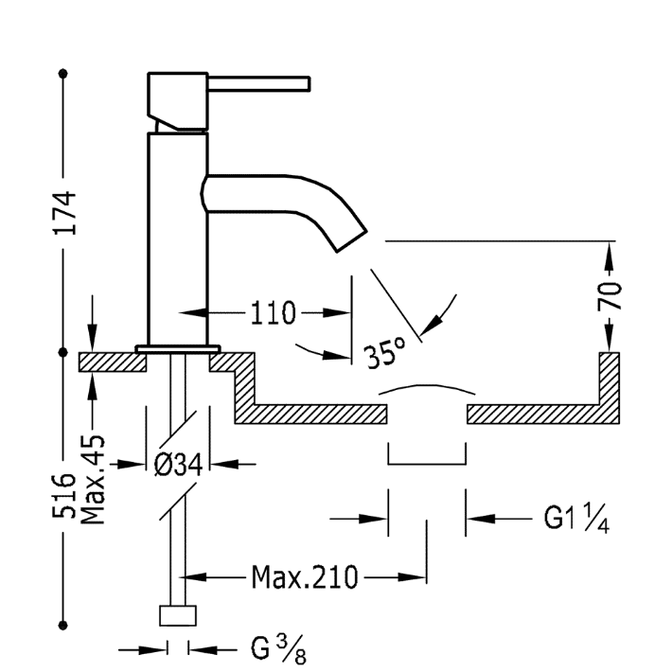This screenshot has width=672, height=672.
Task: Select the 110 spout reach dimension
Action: pyautogui.click(x=272, y=313)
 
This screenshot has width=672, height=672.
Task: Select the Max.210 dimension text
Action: pyautogui.click(x=305, y=576)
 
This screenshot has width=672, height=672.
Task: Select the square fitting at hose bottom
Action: pyautogui.click(x=179, y=615)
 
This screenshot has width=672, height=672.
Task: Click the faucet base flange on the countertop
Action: pyautogui.click(x=177, y=348)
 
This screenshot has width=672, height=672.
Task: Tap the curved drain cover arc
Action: pyautogui.click(x=427, y=388)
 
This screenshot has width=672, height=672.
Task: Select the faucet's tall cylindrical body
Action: pyautogui.click(x=177, y=237)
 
